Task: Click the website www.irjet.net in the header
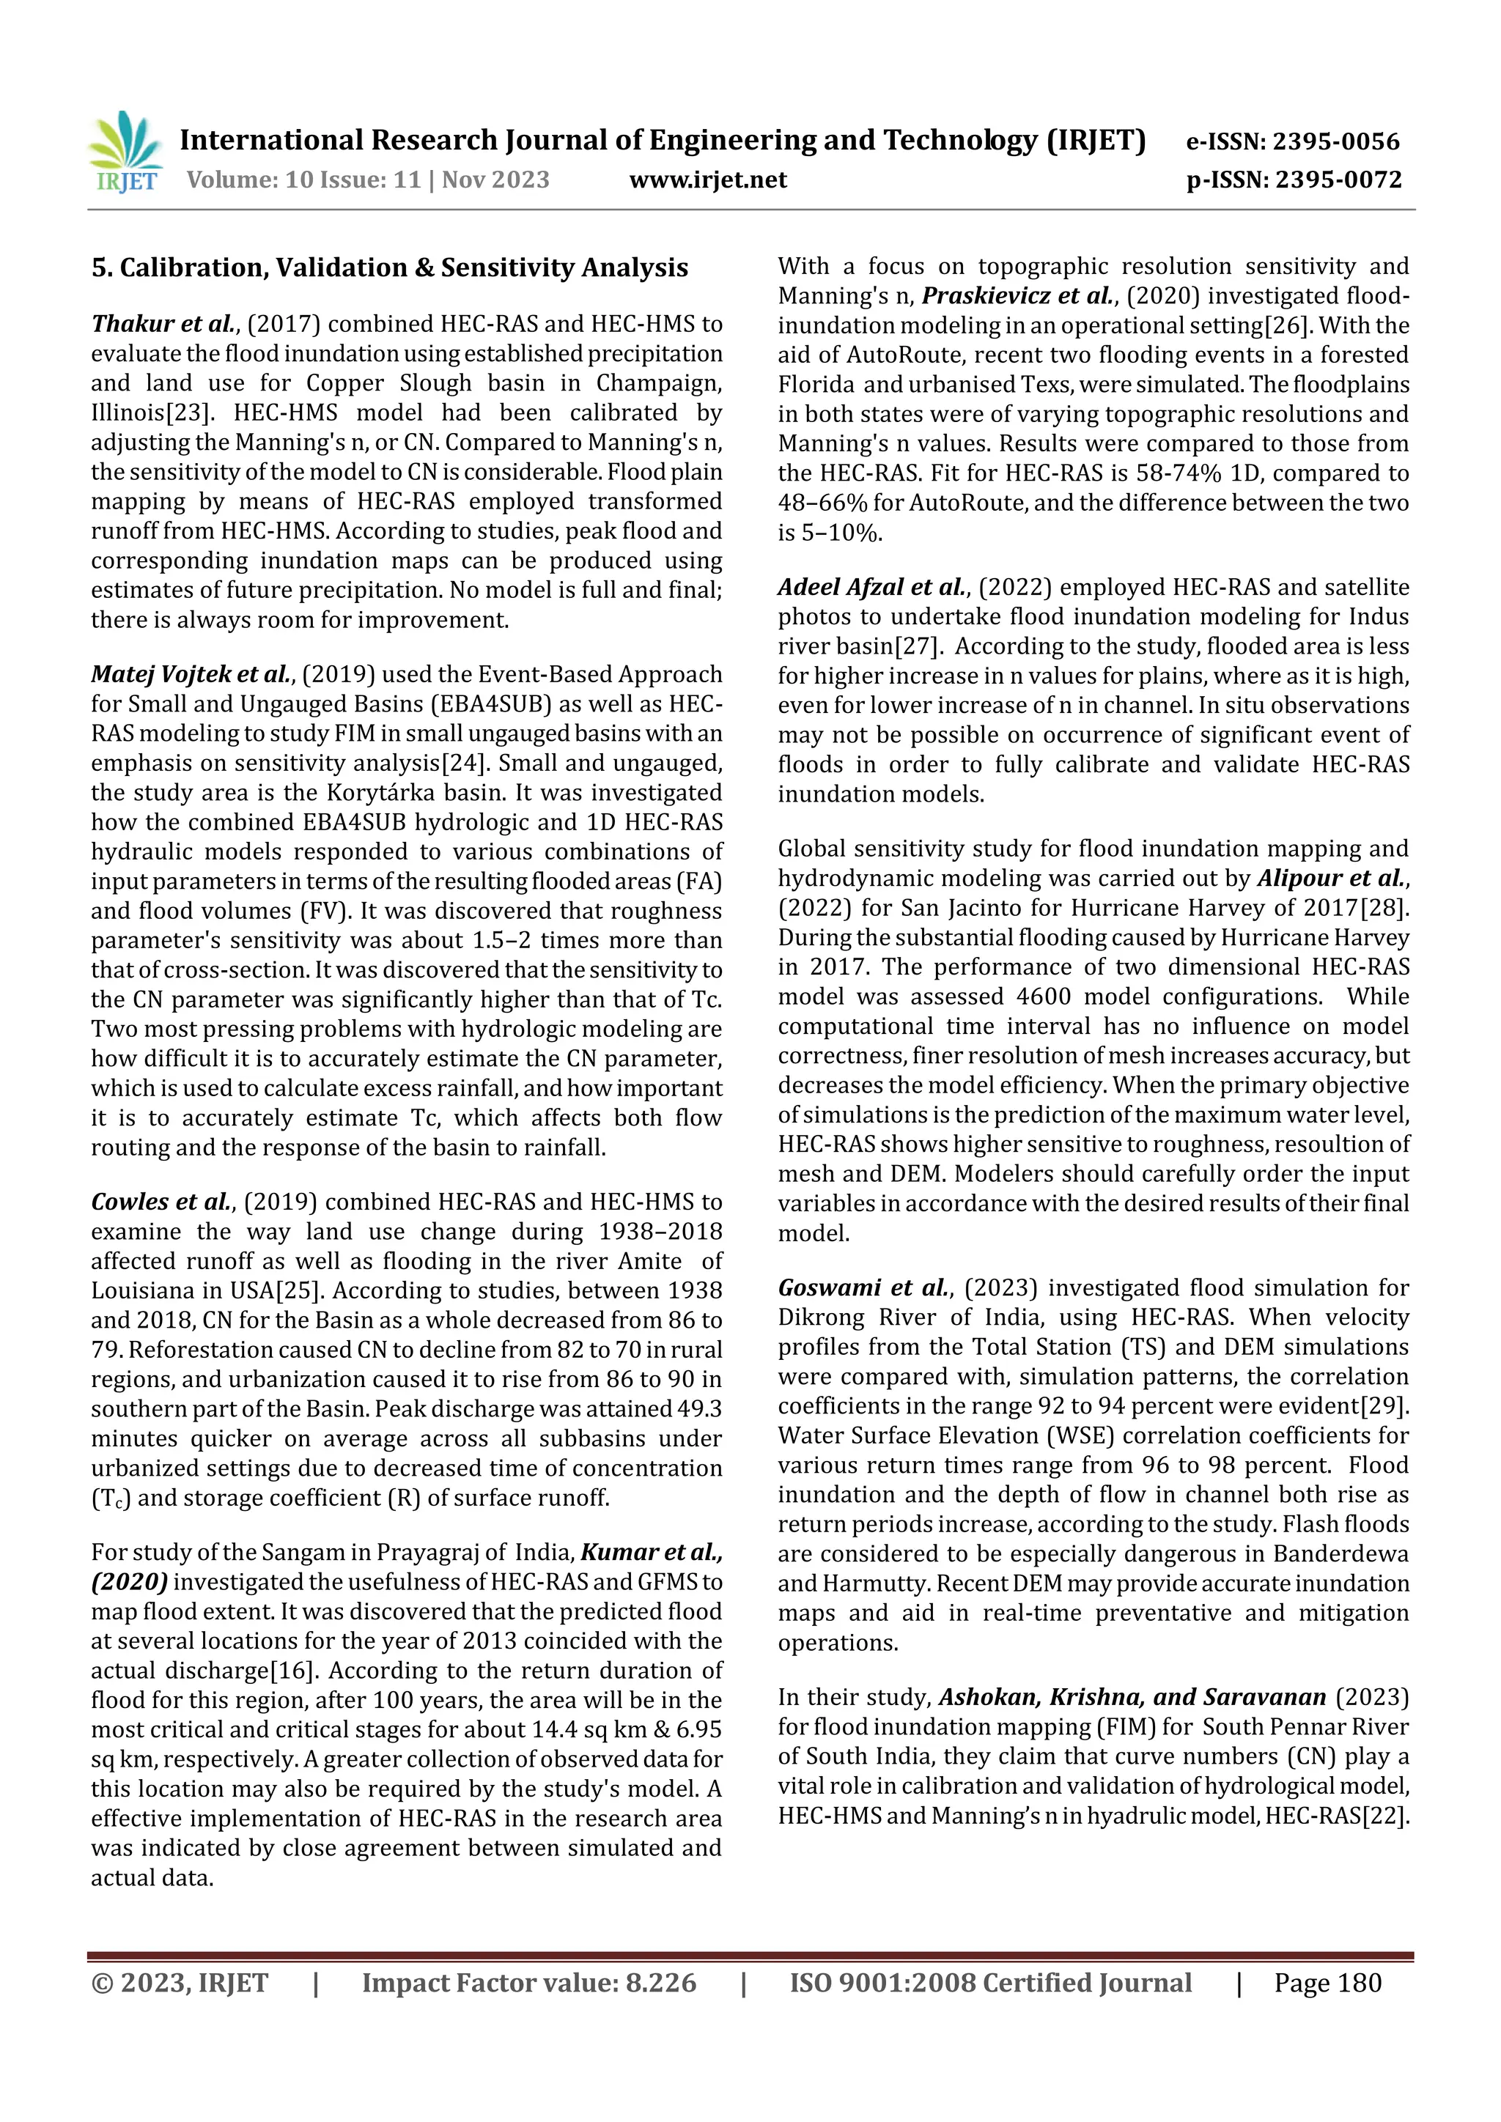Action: coord(708,180)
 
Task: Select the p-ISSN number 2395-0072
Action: coord(1338,180)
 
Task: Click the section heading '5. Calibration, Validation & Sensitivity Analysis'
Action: coord(389,268)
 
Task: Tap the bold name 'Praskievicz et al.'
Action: coord(1019,297)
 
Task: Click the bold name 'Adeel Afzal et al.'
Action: coord(872,588)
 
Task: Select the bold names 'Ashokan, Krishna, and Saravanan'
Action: coord(1132,1698)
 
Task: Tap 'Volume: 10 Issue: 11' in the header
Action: coord(304,180)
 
